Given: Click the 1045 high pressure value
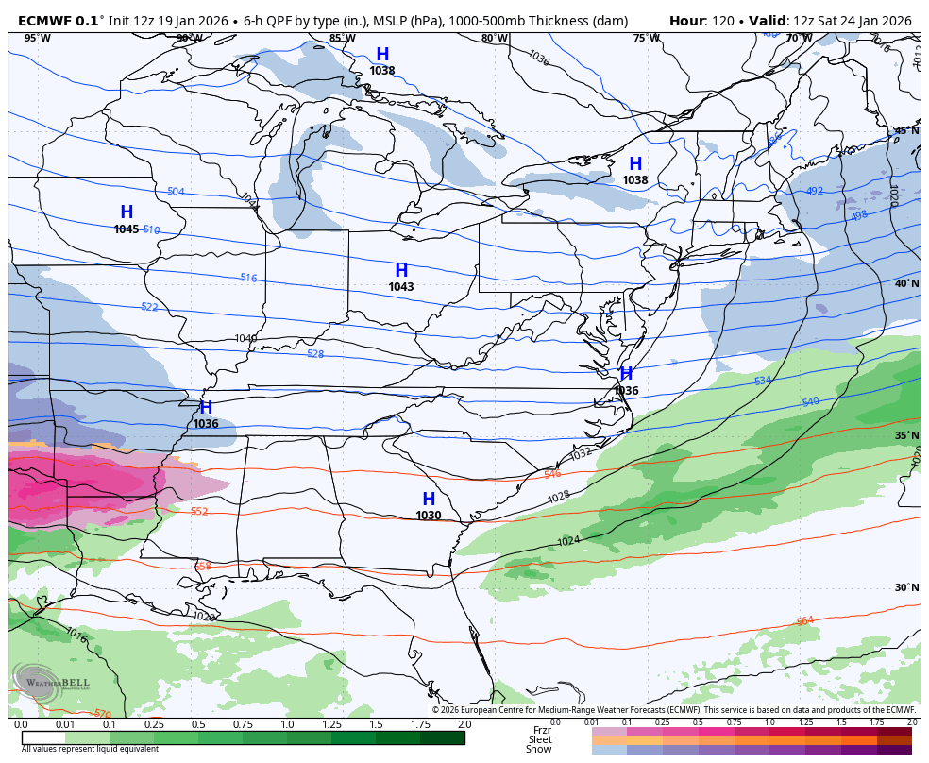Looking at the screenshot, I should pyautogui.click(x=127, y=229).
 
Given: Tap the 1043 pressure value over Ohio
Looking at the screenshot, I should pyautogui.click(x=401, y=287).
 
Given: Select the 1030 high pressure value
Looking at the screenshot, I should pyautogui.click(x=429, y=516).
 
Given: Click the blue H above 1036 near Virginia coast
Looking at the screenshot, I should pyautogui.click(x=626, y=374).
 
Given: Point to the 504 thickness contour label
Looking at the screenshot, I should pyautogui.click(x=176, y=192).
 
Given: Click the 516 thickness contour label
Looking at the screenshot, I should pyautogui.click(x=248, y=278).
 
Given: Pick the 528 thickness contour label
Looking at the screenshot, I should pyautogui.click(x=315, y=354).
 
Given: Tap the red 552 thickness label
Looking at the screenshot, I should pyautogui.click(x=199, y=512).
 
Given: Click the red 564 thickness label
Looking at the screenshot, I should pyautogui.click(x=804, y=621).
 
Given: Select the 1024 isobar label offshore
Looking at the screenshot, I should pyautogui.click(x=568, y=541).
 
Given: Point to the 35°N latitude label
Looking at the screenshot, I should pyautogui.click(x=906, y=435).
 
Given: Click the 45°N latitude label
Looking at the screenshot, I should pyautogui.click(x=906, y=130).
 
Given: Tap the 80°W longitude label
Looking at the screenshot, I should pyautogui.click(x=494, y=39).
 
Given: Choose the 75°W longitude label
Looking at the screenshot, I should pyautogui.click(x=646, y=39).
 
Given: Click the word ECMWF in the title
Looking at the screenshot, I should pyautogui.click(x=44, y=21).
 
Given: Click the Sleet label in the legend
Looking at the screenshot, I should pyautogui.click(x=540, y=739).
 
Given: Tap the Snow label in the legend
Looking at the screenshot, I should pyautogui.click(x=539, y=750).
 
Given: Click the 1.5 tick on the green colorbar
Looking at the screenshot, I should pyautogui.click(x=375, y=724).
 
